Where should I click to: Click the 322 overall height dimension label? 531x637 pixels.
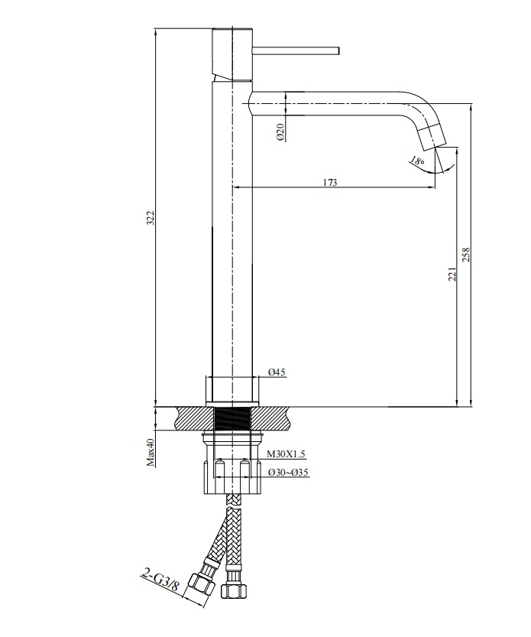151,218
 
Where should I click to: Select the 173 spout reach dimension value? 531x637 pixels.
330,183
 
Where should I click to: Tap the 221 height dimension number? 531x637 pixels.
452,274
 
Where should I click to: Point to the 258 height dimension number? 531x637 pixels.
465,255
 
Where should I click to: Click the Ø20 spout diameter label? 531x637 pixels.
281,132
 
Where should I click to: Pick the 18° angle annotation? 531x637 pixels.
417,161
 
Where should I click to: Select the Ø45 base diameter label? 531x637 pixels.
277,372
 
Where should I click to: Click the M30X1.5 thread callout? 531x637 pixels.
286,454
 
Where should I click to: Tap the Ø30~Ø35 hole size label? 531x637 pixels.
288,473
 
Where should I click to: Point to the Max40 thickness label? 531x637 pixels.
151,452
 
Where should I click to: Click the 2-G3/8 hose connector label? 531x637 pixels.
160,580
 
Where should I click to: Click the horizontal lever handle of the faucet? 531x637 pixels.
296,50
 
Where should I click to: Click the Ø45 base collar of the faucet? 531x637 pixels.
232,390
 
